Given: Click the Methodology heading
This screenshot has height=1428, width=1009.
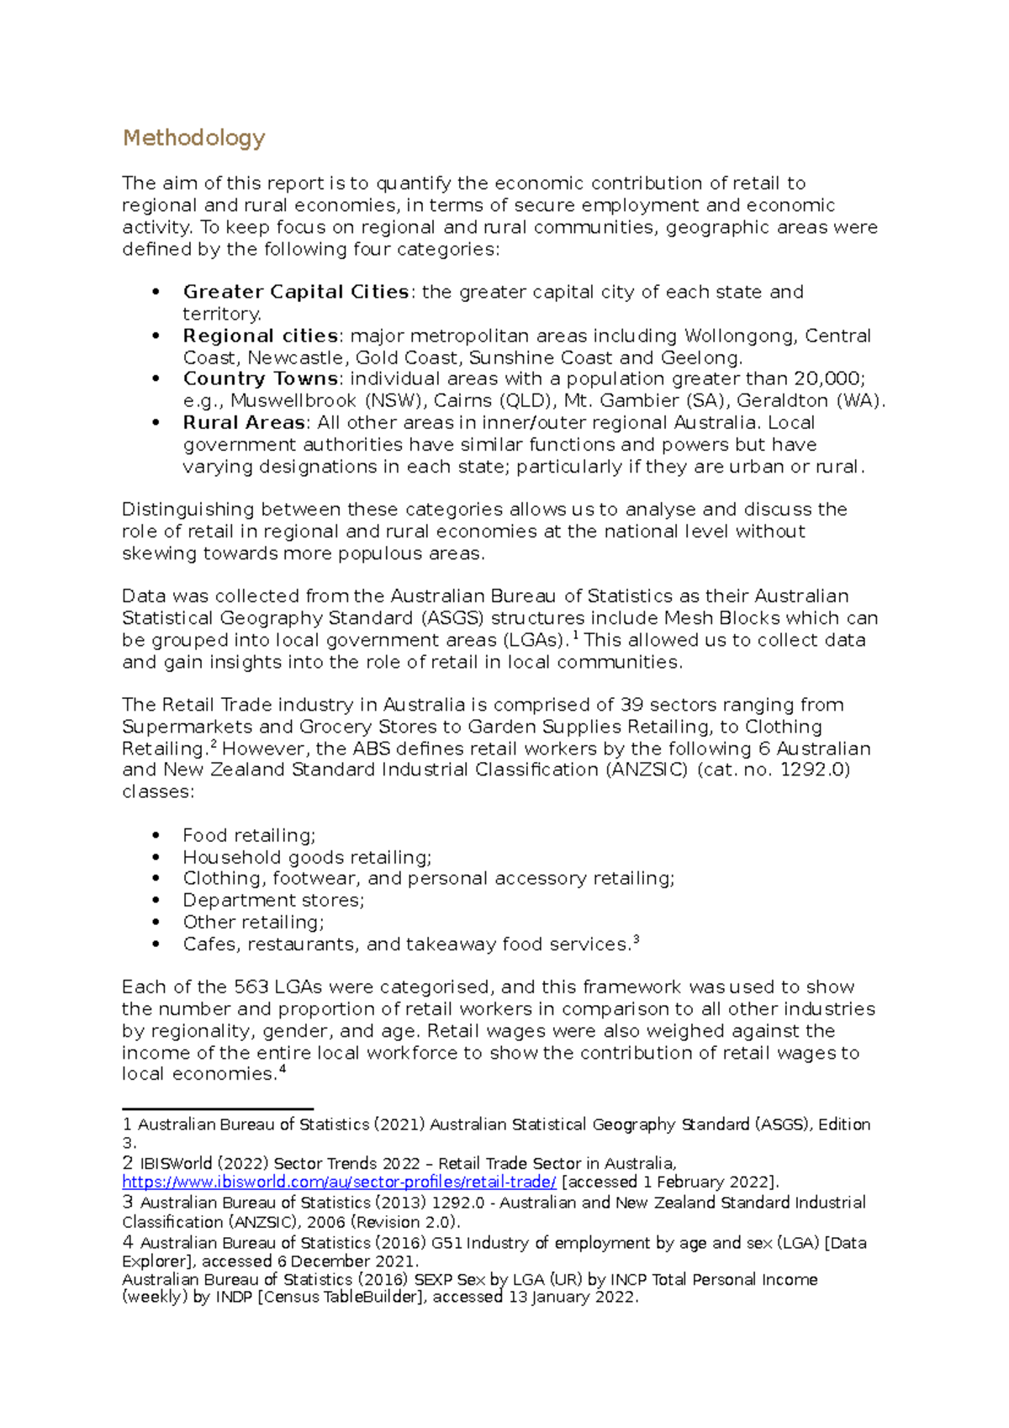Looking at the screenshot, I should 193,138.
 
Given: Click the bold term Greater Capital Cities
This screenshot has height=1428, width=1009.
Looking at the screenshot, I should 296,292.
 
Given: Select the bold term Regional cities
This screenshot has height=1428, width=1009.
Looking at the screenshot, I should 261,336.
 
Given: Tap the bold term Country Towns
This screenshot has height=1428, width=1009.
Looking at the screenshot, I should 261,378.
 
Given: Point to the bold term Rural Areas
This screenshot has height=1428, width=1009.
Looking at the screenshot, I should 244,422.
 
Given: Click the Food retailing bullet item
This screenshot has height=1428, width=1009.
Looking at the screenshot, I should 249,835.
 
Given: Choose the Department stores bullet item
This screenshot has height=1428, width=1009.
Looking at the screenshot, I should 273,900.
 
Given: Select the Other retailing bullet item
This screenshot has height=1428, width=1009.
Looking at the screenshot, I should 253,922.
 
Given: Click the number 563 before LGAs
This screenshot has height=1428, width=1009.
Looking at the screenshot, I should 251,986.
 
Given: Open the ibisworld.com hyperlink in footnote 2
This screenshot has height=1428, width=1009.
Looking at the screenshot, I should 339,1182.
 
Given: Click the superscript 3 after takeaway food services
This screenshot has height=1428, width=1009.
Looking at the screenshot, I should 636,940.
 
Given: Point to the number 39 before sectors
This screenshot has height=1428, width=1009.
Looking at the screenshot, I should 632,705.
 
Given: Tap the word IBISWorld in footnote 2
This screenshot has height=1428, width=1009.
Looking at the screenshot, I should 176,1164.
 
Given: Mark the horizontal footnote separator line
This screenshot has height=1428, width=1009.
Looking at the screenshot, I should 218,1109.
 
